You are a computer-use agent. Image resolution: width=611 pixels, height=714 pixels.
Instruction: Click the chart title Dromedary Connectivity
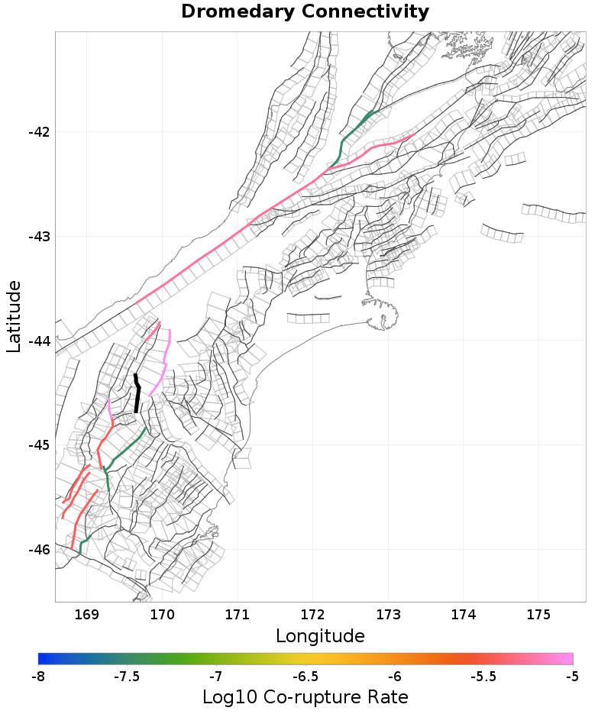pos(305,12)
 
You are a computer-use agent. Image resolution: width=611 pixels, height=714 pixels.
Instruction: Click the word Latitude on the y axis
pos(14,316)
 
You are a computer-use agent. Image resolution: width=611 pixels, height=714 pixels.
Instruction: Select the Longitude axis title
pos(320,635)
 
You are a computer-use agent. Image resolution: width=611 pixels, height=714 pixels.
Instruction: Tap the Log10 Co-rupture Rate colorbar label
pos(305,697)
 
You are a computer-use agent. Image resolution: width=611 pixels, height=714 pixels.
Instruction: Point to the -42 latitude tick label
pos(38,131)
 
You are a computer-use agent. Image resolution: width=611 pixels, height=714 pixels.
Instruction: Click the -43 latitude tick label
pos(38,236)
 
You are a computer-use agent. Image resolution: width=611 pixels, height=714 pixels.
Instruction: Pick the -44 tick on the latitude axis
pos(38,341)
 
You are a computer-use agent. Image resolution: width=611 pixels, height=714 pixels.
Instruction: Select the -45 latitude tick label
pos(38,445)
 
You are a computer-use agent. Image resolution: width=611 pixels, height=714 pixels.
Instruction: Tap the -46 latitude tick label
pos(38,550)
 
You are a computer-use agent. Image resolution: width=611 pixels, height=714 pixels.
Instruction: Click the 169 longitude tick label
pos(86,613)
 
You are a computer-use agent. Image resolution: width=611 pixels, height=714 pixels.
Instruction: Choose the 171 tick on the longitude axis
pos(237,613)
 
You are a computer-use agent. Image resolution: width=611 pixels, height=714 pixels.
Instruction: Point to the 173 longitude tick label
pos(388,613)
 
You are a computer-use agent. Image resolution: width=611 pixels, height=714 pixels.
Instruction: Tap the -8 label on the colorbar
pos(38,676)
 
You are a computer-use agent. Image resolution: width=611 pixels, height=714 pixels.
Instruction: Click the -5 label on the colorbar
pos(572,676)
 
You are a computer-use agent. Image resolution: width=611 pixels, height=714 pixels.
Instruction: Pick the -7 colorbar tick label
pos(216,676)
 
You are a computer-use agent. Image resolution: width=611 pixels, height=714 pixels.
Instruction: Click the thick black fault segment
pos(137,393)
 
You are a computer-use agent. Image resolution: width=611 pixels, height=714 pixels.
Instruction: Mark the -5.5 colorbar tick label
pos(483,676)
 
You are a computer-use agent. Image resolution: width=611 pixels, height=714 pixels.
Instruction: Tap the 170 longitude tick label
pos(162,613)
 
